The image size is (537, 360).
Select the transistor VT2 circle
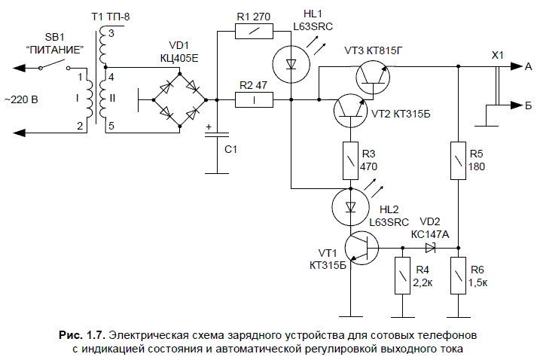coord(350,109)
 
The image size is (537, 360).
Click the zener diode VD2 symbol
coord(430,247)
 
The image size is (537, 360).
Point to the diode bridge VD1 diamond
coord(178,98)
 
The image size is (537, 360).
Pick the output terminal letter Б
coord(528,107)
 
